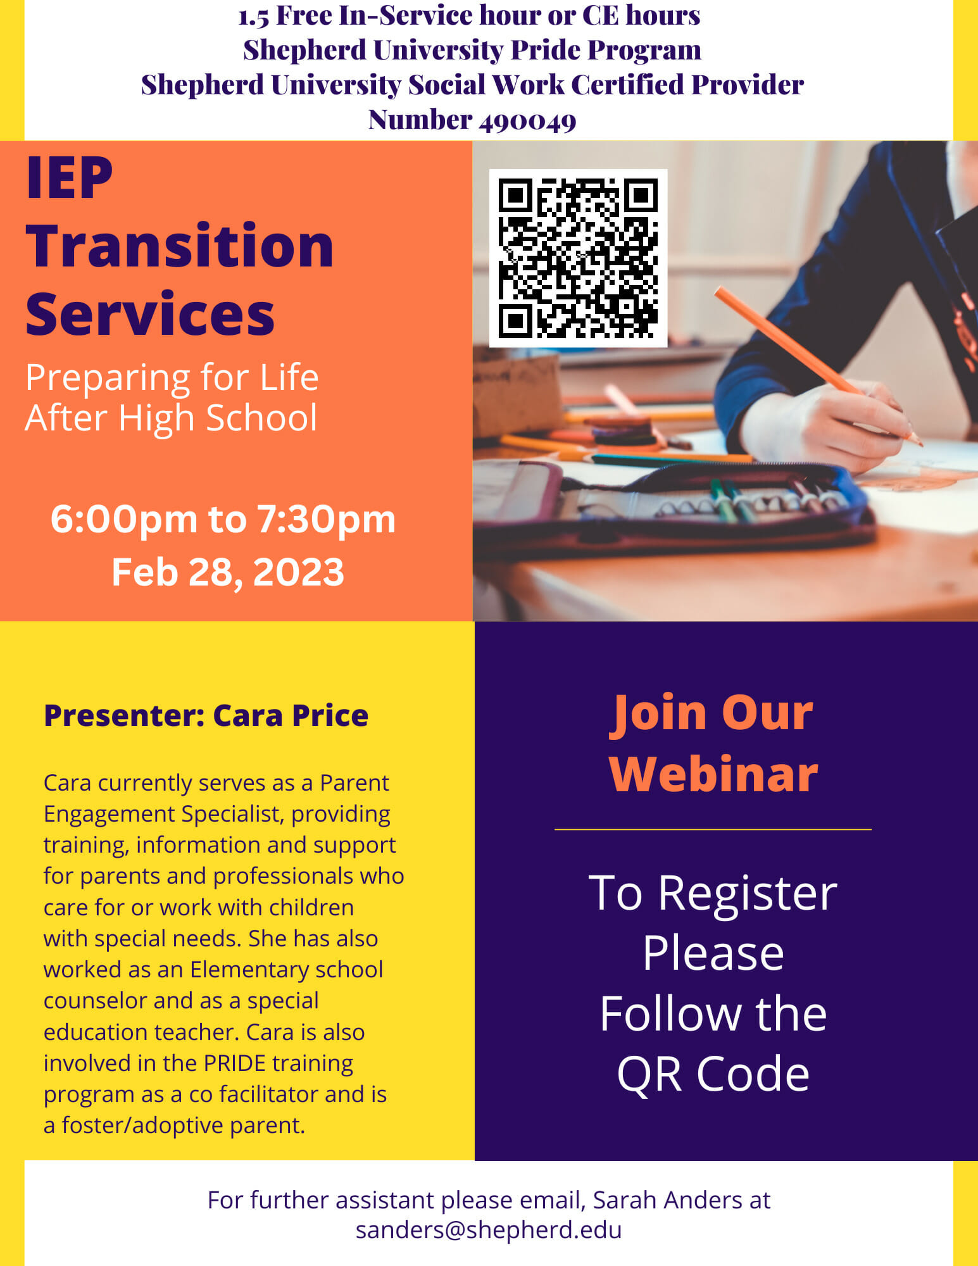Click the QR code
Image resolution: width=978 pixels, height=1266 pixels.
pos(578,258)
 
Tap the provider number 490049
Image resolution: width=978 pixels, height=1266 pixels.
pos(527,120)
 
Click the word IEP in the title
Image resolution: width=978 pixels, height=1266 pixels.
pos(69,179)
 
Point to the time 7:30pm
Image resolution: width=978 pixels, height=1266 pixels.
pos(326,520)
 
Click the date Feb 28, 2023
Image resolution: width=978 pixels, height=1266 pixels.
pos(228,572)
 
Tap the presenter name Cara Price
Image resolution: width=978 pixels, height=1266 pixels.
pos(291,715)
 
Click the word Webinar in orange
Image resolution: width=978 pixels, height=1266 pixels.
pos(713,774)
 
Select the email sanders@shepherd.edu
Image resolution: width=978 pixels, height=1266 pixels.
pos(489,1229)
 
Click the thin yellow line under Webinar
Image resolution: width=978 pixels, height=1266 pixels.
pos(713,829)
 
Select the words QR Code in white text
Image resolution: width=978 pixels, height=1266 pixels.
pos(713,1074)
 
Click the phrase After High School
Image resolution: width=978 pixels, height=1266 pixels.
pos(171,418)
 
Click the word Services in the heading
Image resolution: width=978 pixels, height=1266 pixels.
pos(150,314)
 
